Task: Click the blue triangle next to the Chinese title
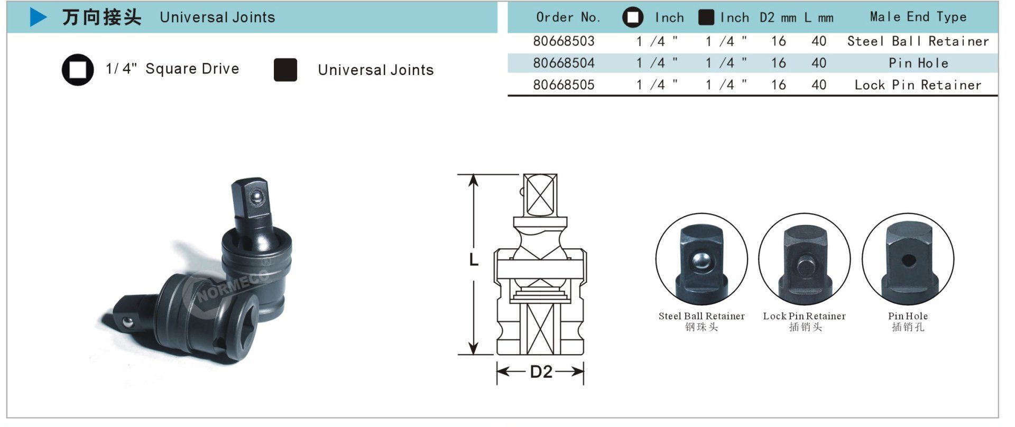pyautogui.click(x=38, y=17)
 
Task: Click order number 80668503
pyautogui.click(x=564, y=41)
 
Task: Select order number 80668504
pyautogui.click(x=564, y=63)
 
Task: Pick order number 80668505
pyautogui.click(x=564, y=85)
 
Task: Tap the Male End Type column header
pyautogui.click(x=918, y=17)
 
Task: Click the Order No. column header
pyautogui.click(x=568, y=17)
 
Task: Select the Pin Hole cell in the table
pyautogui.click(x=918, y=63)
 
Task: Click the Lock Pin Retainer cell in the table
pyautogui.click(x=918, y=85)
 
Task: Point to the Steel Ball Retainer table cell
pyautogui.click(x=918, y=41)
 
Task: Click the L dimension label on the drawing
pyautogui.click(x=474, y=259)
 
